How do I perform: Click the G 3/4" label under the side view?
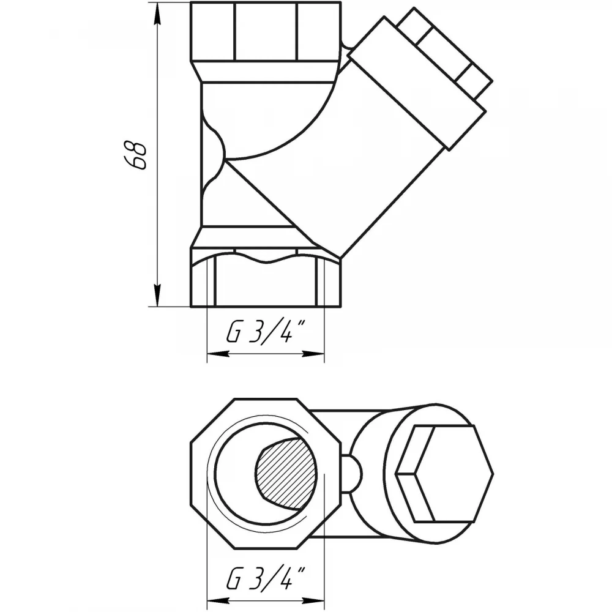click(266, 332)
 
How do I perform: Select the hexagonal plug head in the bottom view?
click(444, 474)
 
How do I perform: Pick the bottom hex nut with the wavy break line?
click(266, 277)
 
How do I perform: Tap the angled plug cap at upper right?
click(417, 83)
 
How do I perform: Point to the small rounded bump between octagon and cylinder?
click(353, 474)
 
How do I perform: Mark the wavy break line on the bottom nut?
click(266, 258)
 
